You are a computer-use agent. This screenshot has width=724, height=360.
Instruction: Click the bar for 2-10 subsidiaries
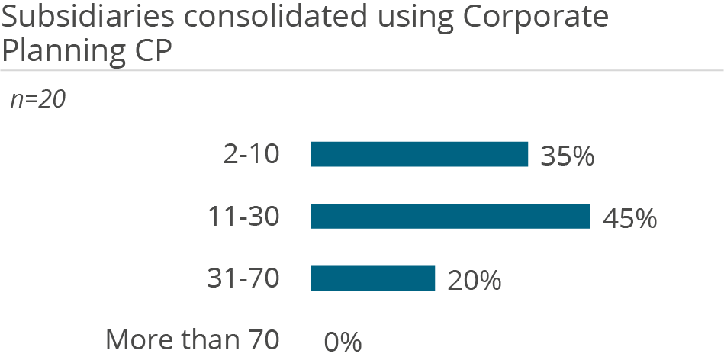click(419, 154)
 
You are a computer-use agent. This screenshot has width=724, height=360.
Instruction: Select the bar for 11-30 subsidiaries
click(450, 217)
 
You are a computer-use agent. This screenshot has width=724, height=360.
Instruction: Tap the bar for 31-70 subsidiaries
click(372, 279)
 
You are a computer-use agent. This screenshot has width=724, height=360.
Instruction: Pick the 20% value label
click(474, 281)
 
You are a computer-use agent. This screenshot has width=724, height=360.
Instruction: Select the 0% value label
click(343, 342)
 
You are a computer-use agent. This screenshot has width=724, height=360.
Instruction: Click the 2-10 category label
click(248, 155)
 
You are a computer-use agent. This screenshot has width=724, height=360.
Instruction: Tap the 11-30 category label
click(243, 217)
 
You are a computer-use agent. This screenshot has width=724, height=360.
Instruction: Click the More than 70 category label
click(192, 340)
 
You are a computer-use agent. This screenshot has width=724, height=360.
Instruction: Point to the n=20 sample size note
click(37, 100)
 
